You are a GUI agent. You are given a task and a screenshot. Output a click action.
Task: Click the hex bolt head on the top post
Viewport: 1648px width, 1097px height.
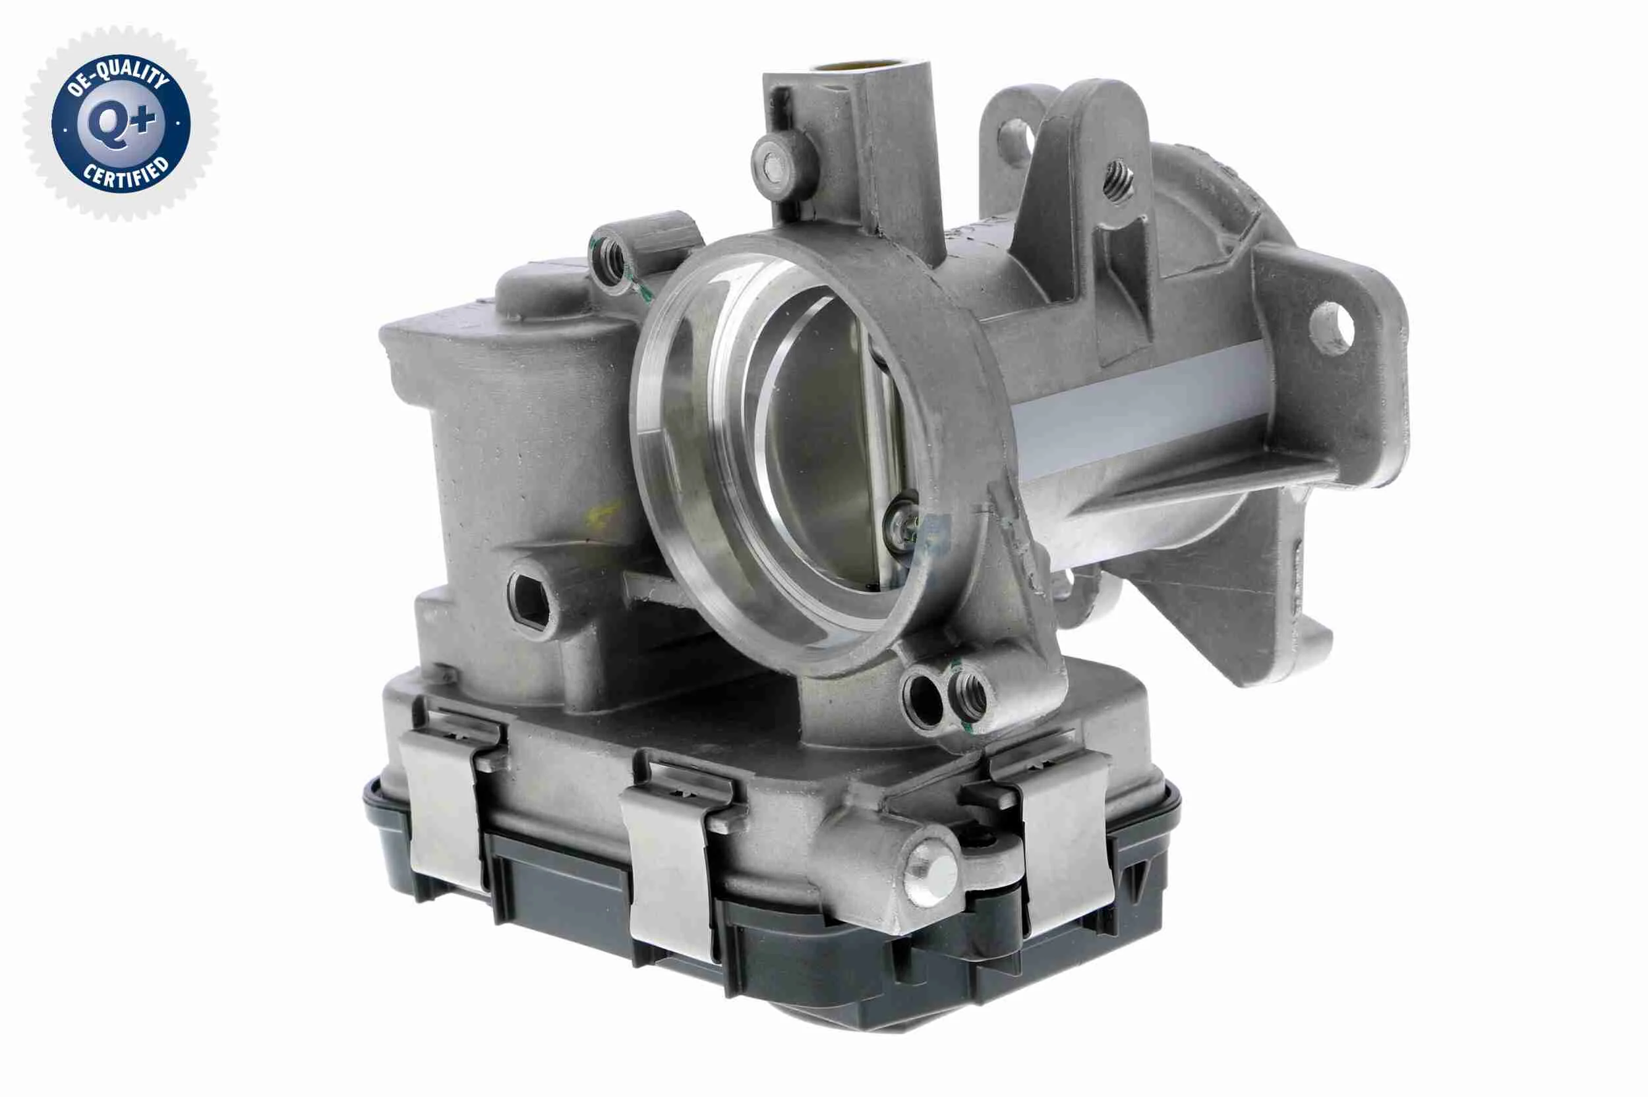pyautogui.click(x=773, y=167)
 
